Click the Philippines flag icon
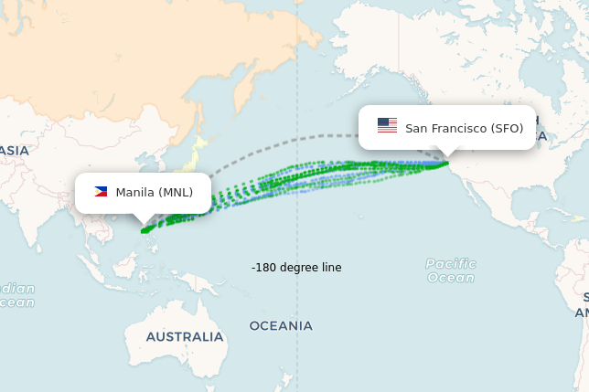[101, 192]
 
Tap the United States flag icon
[387, 126]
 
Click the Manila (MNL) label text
[154, 192]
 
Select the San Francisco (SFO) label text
[464, 128]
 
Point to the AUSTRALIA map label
[185, 336]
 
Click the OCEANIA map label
[281, 325]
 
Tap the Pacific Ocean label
[450, 270]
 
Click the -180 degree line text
[296, 267]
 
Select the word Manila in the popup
[135, 192]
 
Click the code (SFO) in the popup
[507, 128]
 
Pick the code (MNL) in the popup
[176, 192]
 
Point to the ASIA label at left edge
[14, 150]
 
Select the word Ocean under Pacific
[451, 278]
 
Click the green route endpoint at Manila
[144, 231]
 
